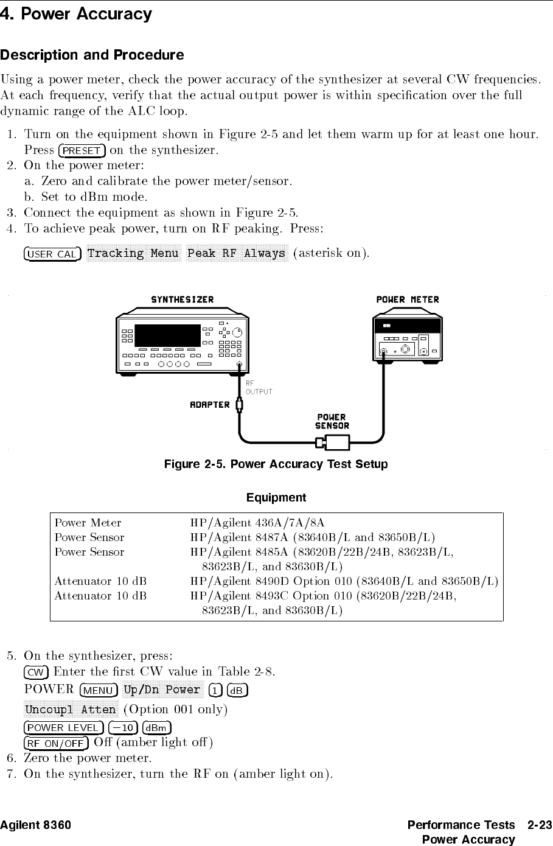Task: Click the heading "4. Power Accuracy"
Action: click(76, 14)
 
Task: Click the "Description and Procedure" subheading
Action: click(92, 55)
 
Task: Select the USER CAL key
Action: click(52, 254)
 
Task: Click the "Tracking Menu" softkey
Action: click(133, 253)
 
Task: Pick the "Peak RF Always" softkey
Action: click(236, 253)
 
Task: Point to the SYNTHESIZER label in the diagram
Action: click(182, 299)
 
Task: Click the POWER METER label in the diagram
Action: click(407, 299)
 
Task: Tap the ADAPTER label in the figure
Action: click(210, 405)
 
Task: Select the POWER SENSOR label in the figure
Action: click(332, 422)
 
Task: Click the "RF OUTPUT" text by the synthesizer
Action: click(258, 388)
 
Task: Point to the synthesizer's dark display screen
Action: click(167, 335)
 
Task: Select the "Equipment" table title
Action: click(276, 498)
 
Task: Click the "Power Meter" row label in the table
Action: click(88, 523)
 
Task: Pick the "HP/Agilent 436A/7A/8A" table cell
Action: click(257, 523)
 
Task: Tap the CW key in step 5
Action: click(36, 673)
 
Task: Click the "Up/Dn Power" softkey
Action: click(161, 690)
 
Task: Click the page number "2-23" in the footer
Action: click(540, 825)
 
